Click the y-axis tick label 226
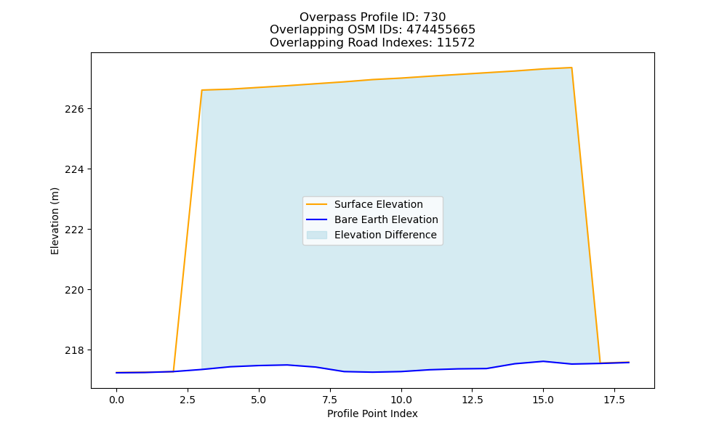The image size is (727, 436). point(74,109)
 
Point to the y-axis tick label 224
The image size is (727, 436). point(74,169)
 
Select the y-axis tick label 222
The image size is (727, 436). point(74,230)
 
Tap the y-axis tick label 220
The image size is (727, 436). point(74,290)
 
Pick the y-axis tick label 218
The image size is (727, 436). point(74,350)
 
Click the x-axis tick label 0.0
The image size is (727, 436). point(116,400)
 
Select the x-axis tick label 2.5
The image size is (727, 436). point(188,400)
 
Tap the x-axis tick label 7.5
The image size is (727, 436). point(329,400)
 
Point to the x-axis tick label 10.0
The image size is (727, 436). point(401,400)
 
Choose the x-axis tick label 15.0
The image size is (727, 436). point(543,400)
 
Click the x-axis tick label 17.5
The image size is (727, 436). point(614,400)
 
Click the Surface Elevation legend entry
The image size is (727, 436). point(378,204)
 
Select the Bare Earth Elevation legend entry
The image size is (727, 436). point(386,219)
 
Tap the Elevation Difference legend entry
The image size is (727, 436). point(385,235)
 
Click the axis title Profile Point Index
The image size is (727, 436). point(372,413)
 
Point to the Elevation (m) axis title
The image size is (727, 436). point(55,221)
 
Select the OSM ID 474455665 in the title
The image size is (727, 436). point(441,30)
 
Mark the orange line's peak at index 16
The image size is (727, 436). point(571,68)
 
